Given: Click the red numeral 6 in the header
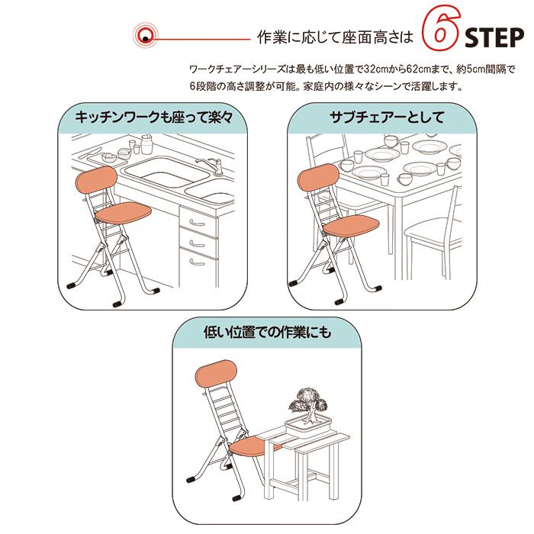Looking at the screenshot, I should pos(437,34).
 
